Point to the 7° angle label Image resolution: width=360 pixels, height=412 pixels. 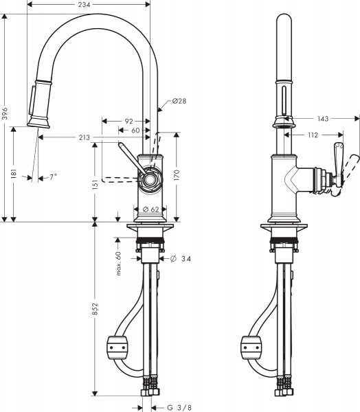[53, 177]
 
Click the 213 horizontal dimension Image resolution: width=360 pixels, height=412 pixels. [85, 138]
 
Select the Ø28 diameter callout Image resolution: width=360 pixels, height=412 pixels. [177, 101]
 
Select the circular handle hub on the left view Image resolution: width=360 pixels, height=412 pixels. [149, 181]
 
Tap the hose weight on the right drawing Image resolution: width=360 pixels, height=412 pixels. [252, 347]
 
